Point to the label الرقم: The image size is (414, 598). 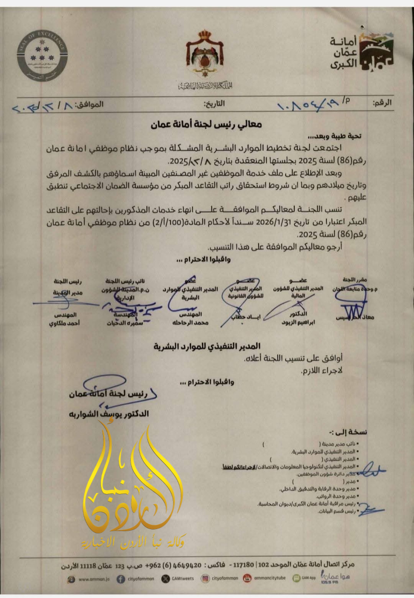pyautogui.click(x=382, y=103)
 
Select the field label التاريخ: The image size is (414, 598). pyautogui.click(x=214, y=104)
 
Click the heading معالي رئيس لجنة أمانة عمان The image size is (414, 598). pyautogui.click(x=206, y=124)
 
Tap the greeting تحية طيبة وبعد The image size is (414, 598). pyautogui.click(x=334, y=136)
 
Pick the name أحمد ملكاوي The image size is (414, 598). pyautogui.click(x=64, y=323)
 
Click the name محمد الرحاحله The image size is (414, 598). pyautogui.click(x=190, y=323)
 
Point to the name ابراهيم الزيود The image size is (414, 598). pyautogui.click(x=298, y=323)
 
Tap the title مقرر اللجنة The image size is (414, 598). pyautogui.click(x=355, y=280)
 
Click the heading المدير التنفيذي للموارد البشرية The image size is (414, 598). pyautogui.click(x=207, y=347)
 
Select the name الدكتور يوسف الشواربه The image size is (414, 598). pyautogui.click(x=109, y=414)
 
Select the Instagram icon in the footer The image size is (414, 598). pyautogui.click(x=205, y=579)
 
